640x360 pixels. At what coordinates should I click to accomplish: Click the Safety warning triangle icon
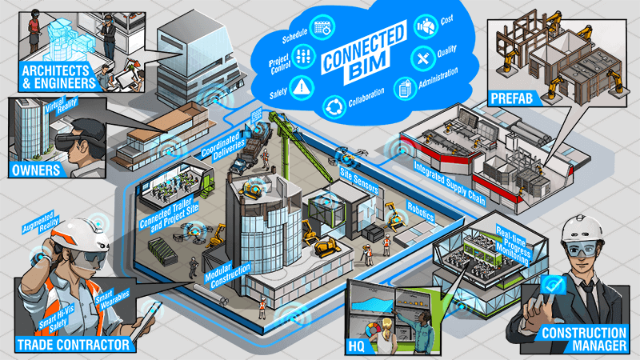(x=302, y=87)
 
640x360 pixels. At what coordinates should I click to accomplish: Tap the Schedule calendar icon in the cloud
(x=322, y=28)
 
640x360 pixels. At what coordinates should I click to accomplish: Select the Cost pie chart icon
(x=426, y=26)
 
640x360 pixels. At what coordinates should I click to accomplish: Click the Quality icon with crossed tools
(x=423, y=58)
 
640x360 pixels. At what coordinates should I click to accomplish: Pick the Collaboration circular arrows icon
(x=334, y=106)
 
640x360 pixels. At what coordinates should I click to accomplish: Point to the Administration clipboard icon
(x=405, y=88)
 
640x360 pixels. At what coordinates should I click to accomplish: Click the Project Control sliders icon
(x=304, y=56)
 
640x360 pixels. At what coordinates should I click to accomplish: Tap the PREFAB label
(x=512, y=98)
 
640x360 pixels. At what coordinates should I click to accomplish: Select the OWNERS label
(x=36, y=170)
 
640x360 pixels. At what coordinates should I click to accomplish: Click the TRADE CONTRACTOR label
(x=74, y=345)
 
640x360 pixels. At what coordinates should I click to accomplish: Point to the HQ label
(x=355, y=347)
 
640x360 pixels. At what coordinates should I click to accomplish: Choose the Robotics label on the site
(x=421, y=212)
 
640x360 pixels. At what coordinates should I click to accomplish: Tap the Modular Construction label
(x=228, y=275)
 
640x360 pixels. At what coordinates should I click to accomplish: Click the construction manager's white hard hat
(x=582, y=228)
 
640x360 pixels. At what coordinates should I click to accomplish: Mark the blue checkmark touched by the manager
(x=553, y=285)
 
